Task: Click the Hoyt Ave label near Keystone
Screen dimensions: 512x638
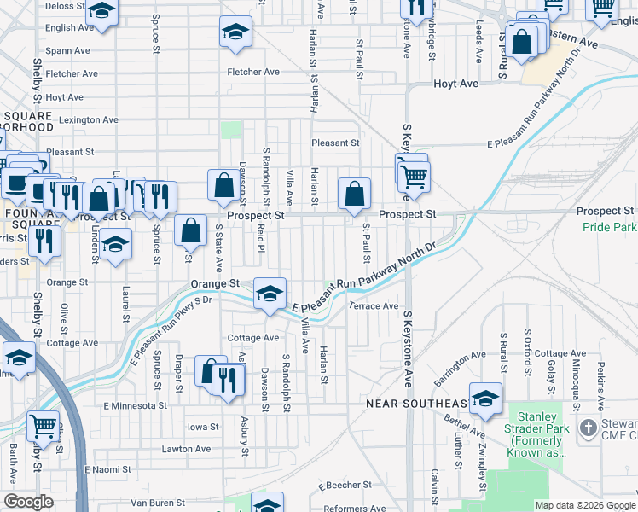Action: [x=455, y=84]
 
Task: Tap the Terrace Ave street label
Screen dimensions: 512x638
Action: [x=374, y=305]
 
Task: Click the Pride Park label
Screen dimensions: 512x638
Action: [x=610, y=227]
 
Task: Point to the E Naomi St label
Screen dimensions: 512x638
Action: [x=107, y=469]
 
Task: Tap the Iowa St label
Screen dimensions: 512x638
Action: [x=203, y=427]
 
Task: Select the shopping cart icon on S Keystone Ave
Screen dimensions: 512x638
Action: [x=415, y=177]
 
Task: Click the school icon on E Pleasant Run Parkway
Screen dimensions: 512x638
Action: [x=270, y=294]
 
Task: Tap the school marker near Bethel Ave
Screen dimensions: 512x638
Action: [x=485, y=399]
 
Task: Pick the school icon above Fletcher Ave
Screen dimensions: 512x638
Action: [x=234, y=33]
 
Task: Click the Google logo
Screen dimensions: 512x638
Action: [x=27, y=503]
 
